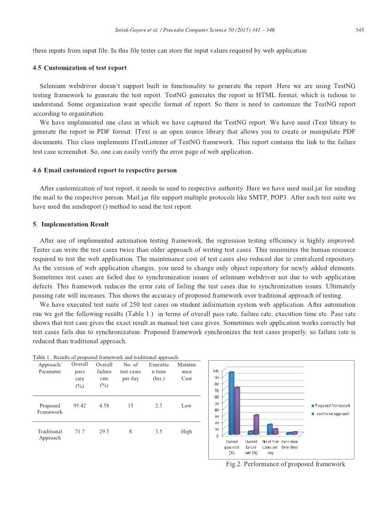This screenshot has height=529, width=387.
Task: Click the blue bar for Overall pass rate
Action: tap(231, 403)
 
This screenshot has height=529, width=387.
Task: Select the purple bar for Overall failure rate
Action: tap(256, 424)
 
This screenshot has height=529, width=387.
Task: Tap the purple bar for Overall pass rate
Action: tap(238, 410)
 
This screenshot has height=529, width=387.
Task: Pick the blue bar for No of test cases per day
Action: tap(270, 429)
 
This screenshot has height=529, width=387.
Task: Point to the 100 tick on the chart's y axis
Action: tap(215, 371)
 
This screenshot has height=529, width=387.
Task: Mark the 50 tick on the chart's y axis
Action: tap(216, 403)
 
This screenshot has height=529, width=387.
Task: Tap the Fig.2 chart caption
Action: tap(286, 464)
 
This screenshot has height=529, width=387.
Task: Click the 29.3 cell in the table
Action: tap(105, 431)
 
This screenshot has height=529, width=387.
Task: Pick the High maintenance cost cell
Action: tap(186, 431)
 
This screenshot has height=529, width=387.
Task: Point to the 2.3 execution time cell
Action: tap(159, 406)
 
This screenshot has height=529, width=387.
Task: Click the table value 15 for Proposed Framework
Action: tap(131, 406)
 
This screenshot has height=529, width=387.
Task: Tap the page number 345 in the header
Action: tap(359, 30)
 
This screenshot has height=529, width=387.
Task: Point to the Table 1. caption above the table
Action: tap(106, 357)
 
